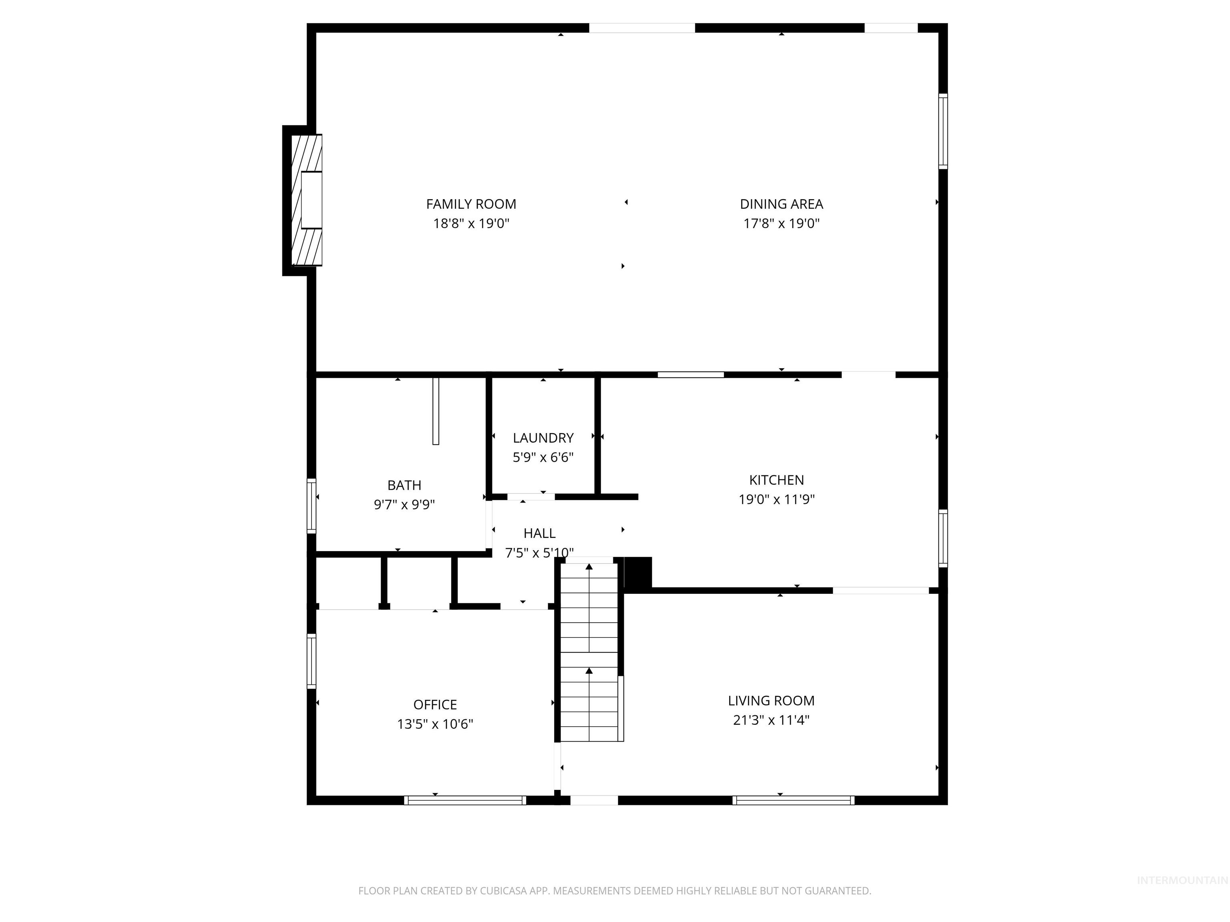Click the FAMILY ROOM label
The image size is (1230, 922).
coord(471,204)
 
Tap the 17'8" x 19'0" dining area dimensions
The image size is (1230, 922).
coord(781,223)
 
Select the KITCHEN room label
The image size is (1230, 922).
coord(776,480)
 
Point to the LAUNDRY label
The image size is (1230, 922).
coord(543,438)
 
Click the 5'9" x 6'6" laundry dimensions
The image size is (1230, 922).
coord(543,457)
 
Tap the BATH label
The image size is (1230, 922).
coord(404,485)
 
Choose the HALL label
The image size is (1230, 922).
coord(539,533)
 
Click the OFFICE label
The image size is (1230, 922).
coord(435,705)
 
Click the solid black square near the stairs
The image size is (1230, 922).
coord(638,572)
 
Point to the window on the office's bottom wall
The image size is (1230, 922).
coord(465,800)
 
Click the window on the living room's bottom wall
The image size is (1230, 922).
coord(794,800)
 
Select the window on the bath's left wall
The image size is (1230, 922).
coord(312,506)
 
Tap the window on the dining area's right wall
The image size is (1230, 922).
coord(943,131)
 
